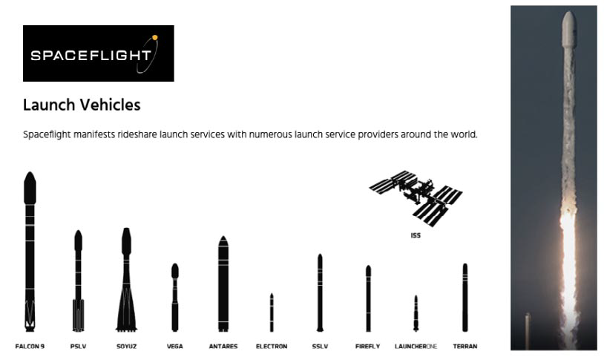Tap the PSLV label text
point(78,346)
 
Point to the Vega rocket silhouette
point(175,297)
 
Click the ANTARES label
point(223,346)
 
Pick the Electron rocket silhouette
point(272,312)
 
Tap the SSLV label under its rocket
point(320,346)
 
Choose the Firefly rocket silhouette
point(368,298)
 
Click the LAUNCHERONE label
point(416,346)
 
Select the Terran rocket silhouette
point(465,297)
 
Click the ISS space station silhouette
point(416,198)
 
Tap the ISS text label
point(416,235)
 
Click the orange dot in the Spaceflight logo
point(155,38)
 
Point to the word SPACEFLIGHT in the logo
point(91,56)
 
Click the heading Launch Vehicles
point(82,105)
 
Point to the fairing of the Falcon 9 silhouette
point(30,188)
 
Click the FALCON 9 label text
point(30,346)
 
